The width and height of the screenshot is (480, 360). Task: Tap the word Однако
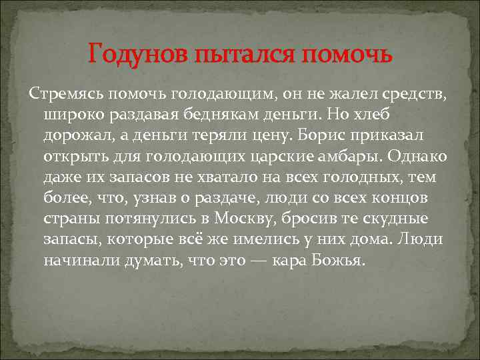(x=421, y=156)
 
